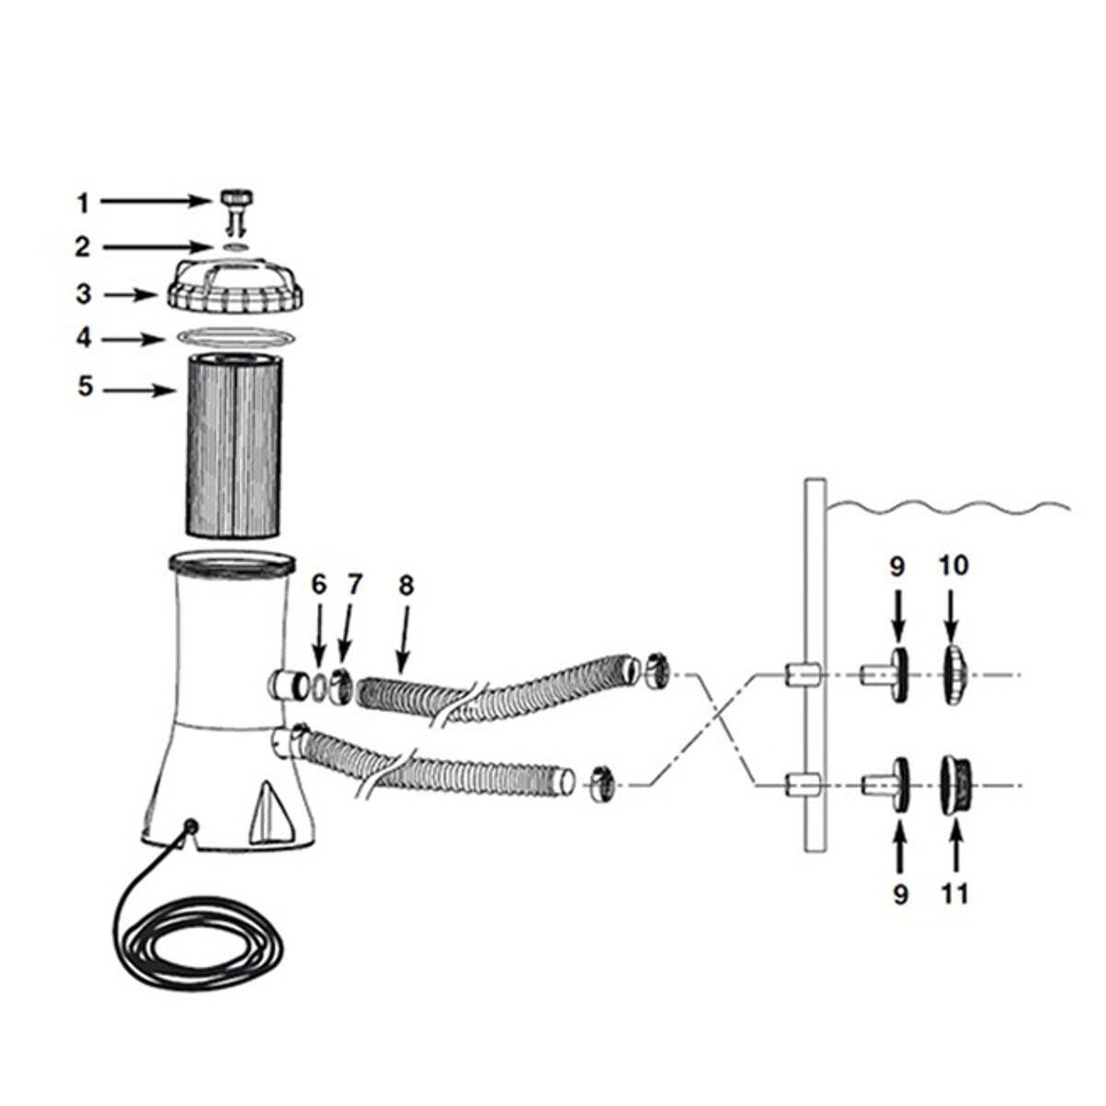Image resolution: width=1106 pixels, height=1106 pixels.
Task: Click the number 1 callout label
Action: pyautogui.click(x=84, y=203)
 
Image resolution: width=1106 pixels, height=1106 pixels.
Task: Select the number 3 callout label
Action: pyautogui.click(x=84, y=294)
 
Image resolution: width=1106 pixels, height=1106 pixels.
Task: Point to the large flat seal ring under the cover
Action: pyautogui.click(x=237, y=336)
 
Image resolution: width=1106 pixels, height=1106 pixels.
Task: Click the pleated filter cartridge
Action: pyautogui.click(x=233, y=446)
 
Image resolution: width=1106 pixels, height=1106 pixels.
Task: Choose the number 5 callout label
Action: pyautogui.click(x=85, y=386)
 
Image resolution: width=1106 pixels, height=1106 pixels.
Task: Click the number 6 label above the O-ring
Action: pyautogui.click(x=319, y=585)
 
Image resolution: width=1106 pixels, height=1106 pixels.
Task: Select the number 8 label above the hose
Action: pyautogui.click(x=406, y=586)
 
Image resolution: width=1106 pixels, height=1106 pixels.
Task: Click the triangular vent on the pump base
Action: pyautogui.click(x=268, y=813)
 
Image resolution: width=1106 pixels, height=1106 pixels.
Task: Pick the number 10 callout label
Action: pyautogui.click(x=953, y=566)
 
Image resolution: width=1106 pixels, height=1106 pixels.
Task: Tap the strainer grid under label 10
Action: pyautogui.click(x=956, y=675)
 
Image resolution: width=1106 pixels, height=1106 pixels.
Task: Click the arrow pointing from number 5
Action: pyautogui.click(x=139, y=391)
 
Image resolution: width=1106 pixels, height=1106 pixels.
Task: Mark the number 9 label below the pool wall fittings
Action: pyautogui.click(x=901, y=894)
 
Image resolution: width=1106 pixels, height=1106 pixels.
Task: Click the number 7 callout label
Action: pyautogui.click(x=354, y=585)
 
